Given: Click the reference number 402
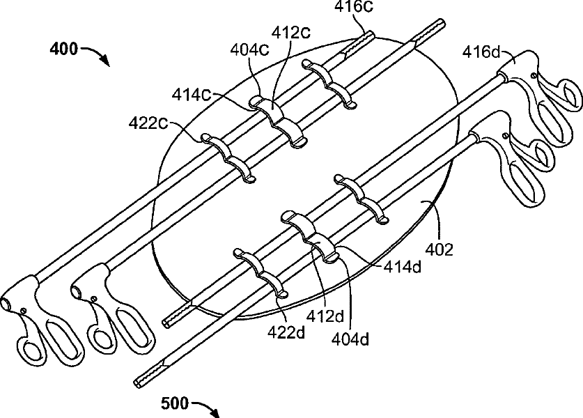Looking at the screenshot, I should pos(440,249).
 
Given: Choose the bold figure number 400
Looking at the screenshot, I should pos(65,49).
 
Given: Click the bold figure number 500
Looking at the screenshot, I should pos(175,403).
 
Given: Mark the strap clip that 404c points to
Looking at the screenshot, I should pos(266,107).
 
